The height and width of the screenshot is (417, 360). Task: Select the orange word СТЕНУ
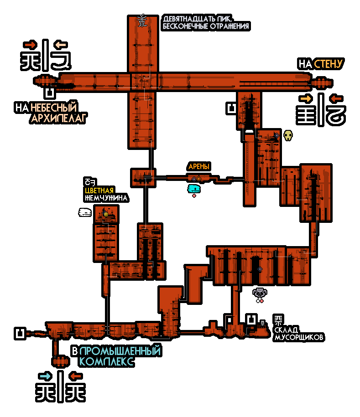pyautogui.click(x=328, y=64)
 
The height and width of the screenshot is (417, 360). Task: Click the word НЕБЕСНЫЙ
pyautogui.click(x=53, y=108)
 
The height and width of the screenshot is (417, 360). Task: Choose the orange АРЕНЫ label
pyautogui.click(x=199, y=167)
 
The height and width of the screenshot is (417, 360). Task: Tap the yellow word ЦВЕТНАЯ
pyautogui.click(x=99, y=190)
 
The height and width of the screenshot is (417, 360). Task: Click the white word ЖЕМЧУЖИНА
pyautogui.click(x=106, y=198)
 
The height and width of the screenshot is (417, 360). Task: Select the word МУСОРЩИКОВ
pyautogui.click(x=299, y=338)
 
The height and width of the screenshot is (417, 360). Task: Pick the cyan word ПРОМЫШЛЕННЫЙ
pyautogui.click(x=120, y=351)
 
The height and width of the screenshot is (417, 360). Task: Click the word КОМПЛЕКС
pyautogui.click(x=106, y=362)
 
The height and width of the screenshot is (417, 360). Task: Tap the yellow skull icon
pyautogui.click(x=288, y=135)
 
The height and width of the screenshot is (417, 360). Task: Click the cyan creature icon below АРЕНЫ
pyautogui.click(x=194, y=188)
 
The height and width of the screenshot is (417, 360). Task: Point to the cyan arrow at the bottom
pyautogui.click(x=45, y=376)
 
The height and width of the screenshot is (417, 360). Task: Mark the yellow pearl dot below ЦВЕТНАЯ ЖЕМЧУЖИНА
pyautogui.click(x=106, y=214)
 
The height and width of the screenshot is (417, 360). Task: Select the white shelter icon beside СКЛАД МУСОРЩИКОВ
pyautogui.click(x=251, y=320)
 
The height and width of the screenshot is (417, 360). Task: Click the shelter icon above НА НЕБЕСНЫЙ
pyautogui.click(x=49, y=93)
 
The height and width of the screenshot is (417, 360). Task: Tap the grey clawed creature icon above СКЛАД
pyautogui.click(x=260, y=293)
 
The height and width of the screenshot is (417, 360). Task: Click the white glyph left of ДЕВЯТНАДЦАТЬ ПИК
pyautogui.click(x=142, y=21)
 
